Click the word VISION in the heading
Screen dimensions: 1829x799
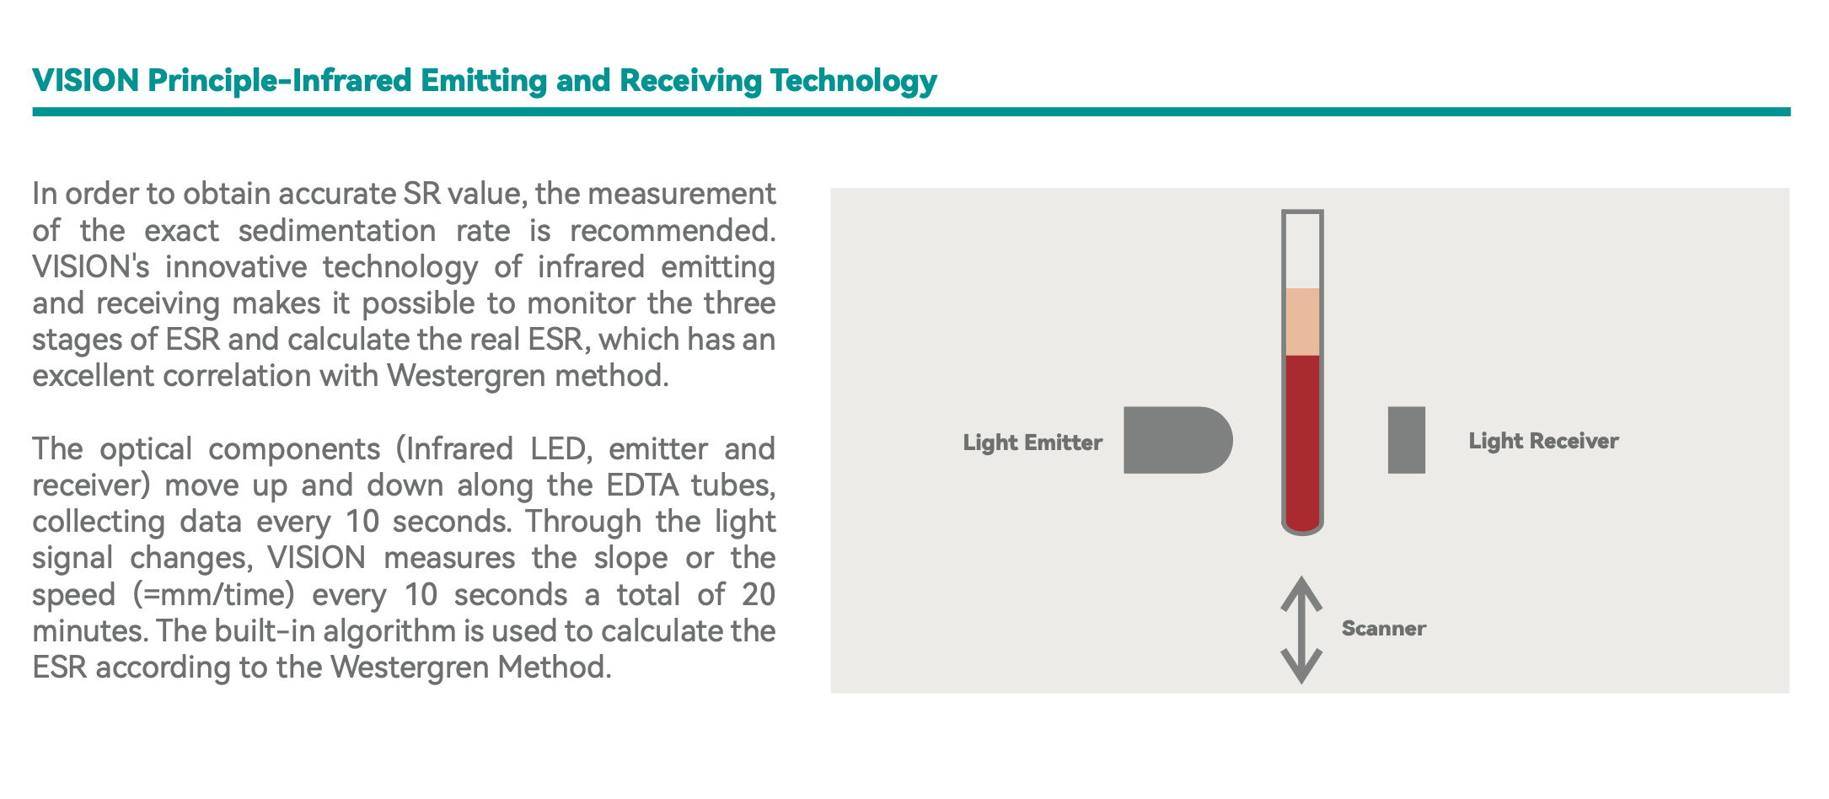(x=86, y=81)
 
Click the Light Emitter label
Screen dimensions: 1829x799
(x=1032, y=442)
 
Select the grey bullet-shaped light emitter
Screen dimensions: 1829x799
(x=1177, y=440)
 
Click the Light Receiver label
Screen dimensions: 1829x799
(x=1543, y=441)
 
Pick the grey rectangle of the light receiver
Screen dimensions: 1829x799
(x=1407, y=440)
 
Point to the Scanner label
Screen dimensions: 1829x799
(x=1383, y=629)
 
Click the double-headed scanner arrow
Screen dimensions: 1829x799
(x=1301, y=630)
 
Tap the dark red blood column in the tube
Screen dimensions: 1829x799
(x=1302, y=438)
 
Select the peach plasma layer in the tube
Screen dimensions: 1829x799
(x=1302, y=322)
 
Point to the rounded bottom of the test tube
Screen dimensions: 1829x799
(x=1302, y=528)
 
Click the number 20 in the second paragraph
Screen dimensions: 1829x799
(x=758, y=595)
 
